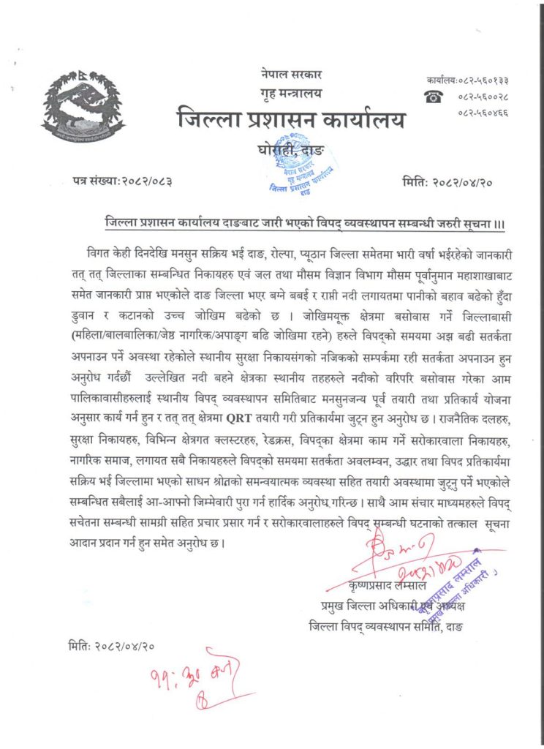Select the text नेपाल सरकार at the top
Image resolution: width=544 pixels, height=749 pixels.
tap(290, 74)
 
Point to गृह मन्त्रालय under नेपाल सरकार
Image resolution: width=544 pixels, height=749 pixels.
tap(290, 92)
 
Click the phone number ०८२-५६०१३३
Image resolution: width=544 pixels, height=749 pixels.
tap(483, 80)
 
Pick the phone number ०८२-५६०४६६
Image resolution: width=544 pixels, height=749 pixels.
tap(483, 113)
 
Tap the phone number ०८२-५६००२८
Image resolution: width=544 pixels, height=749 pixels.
tap(483, 97)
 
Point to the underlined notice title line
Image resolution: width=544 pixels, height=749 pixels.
tap(300, 220)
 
